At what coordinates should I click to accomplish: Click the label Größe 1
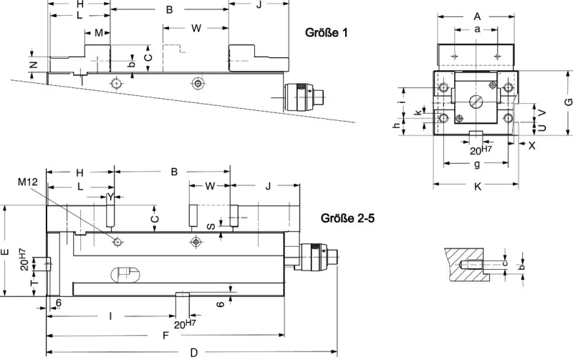point(331,34)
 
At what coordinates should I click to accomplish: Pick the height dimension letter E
point(5,251)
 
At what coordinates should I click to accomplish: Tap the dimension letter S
point(210,226)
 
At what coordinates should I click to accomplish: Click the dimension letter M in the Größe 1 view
point(98,33)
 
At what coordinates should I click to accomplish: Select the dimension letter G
point(568,102)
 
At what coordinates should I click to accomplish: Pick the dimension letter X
point(531,145)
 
